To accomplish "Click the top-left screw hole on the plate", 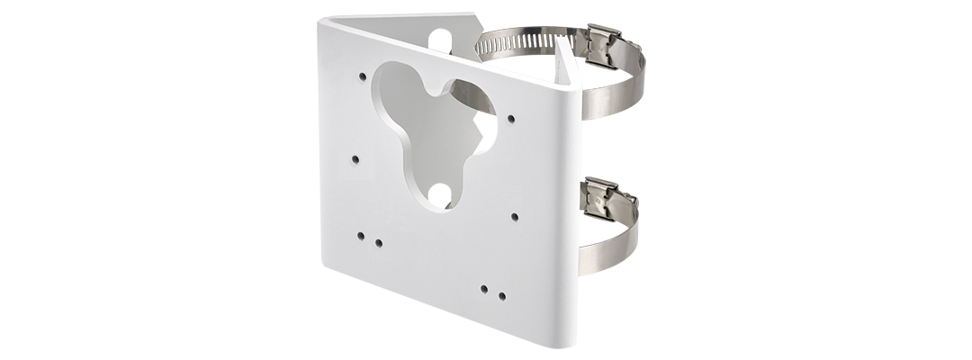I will (x=362, y=76).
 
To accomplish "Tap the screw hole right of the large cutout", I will (x=511, y=118).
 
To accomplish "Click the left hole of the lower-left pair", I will (x=361, y=236).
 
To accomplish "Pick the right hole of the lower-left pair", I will (x=378, y=242).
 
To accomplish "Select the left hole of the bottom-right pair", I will (x=484, y=288).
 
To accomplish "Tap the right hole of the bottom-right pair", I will (x=501, y=294).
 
